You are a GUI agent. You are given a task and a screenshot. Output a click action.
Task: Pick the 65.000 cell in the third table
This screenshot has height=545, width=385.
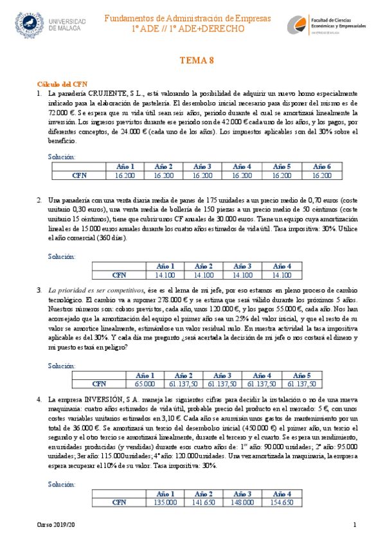pos(145,384)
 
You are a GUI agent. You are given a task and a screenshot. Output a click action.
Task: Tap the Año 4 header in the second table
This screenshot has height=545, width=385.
pos(282,266)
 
